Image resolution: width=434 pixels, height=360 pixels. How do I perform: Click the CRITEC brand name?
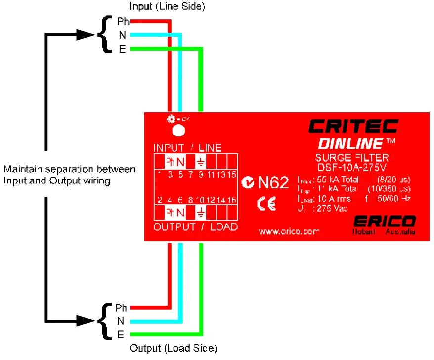[x=353, y=126]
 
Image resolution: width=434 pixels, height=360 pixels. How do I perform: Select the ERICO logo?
[x=385, y=221]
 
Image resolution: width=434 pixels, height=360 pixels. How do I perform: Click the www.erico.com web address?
[x=289, y=231]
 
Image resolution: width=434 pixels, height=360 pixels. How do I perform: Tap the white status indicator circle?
[x=177, y=130]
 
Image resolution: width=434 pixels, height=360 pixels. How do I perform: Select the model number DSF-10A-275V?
[x=352, y=167]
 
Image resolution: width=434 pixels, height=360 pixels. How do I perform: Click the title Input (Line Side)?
[x=167, y=6]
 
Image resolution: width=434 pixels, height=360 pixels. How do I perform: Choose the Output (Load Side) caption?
[x=173, y=348]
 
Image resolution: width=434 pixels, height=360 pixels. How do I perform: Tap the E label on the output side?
[x=120, y=335]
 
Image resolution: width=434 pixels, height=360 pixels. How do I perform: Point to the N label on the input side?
[x=122, y=35]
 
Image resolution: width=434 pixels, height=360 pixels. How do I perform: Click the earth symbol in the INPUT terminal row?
[x=201, y=161]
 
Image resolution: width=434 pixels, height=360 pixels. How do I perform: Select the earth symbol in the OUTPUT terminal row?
[x=201, y=213]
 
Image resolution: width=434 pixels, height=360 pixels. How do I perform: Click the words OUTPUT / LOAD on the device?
[x=196, y=227]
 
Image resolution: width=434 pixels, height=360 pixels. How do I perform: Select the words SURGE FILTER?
[x=352, y=158]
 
